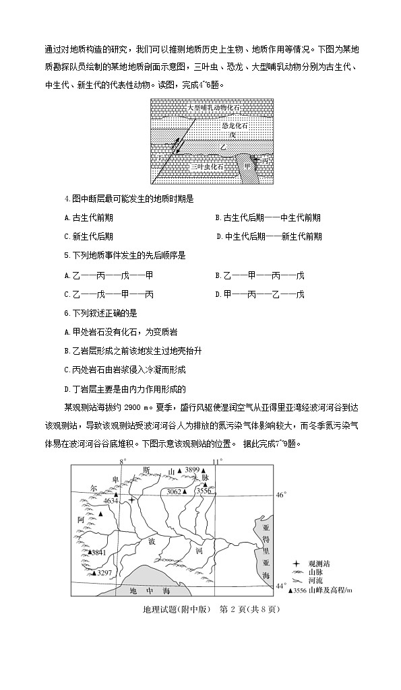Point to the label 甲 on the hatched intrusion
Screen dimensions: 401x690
pos(247,166)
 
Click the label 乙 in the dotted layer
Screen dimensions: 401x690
pos(222,147)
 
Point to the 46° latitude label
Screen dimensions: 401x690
pos(282,495)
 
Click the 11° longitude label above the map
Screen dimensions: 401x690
pos(217,461)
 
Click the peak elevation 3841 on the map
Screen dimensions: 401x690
pos(98,552)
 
